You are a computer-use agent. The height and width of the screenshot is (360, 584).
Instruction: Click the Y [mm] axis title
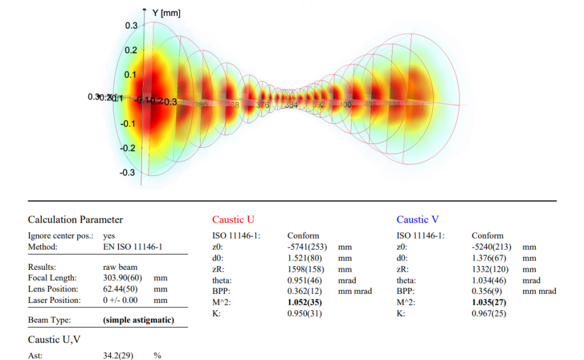tap(166, 13)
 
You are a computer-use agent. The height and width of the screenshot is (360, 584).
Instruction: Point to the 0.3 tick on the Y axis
tap(131, 26)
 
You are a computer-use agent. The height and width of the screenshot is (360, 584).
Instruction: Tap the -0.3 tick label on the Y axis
tap(127, 172)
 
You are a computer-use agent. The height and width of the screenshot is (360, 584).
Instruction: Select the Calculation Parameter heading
tap(75, 220)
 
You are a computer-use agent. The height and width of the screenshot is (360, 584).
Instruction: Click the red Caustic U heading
tap(233, 220)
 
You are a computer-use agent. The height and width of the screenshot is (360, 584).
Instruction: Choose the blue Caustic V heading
tap(418, 220)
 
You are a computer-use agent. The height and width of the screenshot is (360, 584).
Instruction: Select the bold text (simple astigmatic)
tap(139, 320)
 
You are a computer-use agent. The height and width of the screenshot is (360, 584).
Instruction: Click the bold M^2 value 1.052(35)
tap(305, 302)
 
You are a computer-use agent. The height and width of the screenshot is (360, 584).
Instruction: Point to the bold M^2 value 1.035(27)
tap(490, 302)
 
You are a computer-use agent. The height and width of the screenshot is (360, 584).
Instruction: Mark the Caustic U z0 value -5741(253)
tap(308, 247)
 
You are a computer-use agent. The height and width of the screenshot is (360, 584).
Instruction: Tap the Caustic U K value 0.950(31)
tap(304, 313)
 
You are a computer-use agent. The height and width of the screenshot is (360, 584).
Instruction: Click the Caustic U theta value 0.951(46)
tap(304, 280)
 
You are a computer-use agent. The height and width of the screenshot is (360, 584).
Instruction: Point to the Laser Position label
tap(55, 300)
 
